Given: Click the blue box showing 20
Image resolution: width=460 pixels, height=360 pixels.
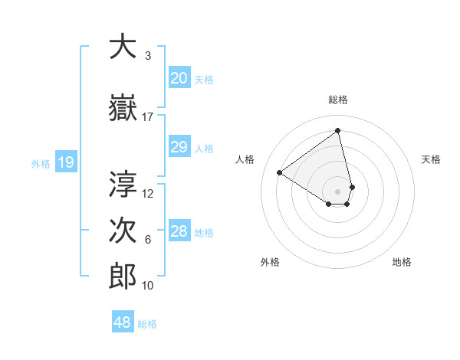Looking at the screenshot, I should click(179, 78).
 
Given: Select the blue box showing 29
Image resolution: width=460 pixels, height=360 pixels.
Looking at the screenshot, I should click(179, 148).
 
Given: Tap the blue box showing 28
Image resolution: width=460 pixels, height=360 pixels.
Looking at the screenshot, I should click(179, 232).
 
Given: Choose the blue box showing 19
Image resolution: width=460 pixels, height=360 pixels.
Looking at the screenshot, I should click(66, 162).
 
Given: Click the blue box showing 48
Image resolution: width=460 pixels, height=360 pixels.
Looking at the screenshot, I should click(123, 322).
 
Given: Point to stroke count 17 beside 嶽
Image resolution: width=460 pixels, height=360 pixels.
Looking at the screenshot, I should click(148, 117).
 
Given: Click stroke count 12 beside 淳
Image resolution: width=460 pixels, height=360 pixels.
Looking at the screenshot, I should click(148, 194).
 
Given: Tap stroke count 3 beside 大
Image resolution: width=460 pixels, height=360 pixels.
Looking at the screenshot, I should click(148, 56).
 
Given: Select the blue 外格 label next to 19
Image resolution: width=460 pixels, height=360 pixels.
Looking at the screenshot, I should click(40, 163).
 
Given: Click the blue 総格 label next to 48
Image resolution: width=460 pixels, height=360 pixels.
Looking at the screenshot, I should click(147, 324).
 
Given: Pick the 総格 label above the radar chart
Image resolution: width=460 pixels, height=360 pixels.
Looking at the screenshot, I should click(338, 100).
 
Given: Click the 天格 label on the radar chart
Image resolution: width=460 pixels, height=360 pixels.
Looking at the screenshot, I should click(431, 159).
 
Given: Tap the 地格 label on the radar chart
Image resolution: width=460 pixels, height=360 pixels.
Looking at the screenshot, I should click(402, 262).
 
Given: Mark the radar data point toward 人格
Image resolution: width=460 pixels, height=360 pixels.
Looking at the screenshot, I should click(280, 173).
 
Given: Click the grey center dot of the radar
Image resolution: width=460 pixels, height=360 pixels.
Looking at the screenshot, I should click(338, 191).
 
